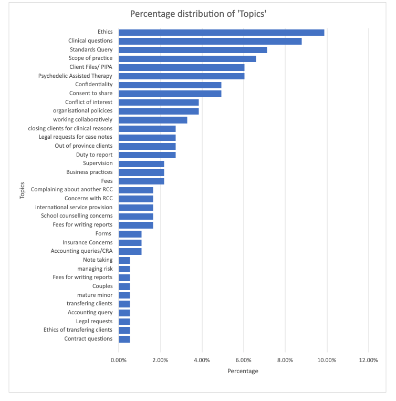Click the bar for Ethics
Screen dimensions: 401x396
tap(221, 33)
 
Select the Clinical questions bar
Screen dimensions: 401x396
tap(210, 41)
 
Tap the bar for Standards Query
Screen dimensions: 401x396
tap(193, 50)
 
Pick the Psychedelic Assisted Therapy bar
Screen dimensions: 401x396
tap(181, 76)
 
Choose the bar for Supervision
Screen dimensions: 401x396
tap(141, 163)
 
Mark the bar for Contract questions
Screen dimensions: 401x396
tap(124, 339)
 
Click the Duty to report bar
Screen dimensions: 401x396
tap(147, 155)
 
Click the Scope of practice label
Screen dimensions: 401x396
tap(90, 58)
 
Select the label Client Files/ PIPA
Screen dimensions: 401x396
tap(91, 67)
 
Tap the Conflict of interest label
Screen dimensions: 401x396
tap(89, 102)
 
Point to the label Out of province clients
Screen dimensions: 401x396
tap(84, 146)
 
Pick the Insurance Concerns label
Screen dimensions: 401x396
tap(87, 242)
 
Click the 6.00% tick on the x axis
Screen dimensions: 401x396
tap(244, 360)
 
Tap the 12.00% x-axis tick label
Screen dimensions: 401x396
tap(368, 360)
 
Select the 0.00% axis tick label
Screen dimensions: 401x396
tap(119, 360)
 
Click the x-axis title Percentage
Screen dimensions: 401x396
tap(243, 371)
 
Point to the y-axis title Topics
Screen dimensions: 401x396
tap(22, 190)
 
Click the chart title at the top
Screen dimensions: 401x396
tap(198, 13)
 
